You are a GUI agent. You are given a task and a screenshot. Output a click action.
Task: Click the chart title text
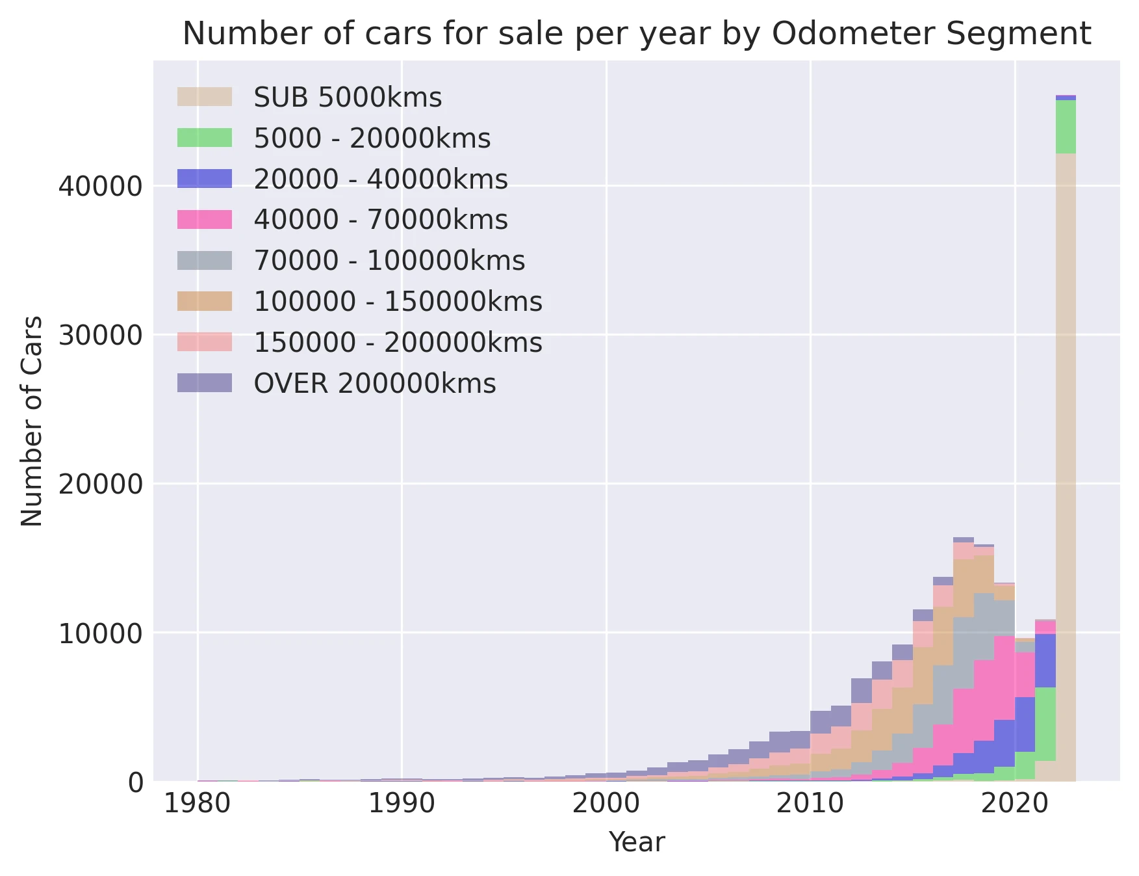click(x=636, y=34)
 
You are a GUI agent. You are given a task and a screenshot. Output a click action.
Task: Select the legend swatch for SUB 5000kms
click(x=204, y=97)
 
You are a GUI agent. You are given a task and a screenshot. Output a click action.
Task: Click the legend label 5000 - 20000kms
click(x=372, y=138)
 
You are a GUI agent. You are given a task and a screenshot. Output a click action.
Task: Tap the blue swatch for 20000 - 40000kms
click(x=204, y=179)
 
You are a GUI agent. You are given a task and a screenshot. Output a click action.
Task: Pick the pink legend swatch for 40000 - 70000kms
click(x=204, y=220)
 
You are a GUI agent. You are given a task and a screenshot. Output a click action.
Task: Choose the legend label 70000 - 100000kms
click(x=389, y=261)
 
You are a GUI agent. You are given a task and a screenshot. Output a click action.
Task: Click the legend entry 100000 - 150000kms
click(x=398, y=302)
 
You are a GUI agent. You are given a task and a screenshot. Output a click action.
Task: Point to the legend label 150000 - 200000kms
click(x=398, y=343)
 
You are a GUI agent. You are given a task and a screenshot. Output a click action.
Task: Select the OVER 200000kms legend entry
click(x=374, y=384)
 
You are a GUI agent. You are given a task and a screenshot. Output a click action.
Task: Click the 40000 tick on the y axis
click(x=100, y=187)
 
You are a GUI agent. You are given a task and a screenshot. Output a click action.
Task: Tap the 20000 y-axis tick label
click(x=100, y=484)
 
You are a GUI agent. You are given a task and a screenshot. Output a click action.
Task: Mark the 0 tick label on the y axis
click(x=134, y=782)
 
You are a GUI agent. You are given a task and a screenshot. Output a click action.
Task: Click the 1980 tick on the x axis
click(x=198, y=804)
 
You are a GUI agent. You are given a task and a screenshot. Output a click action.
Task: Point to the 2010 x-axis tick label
click(x=810, y=804)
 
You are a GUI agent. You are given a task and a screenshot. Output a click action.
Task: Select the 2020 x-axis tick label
click(x=1014, y=804)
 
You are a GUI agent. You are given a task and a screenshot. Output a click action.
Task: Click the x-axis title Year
click(x=636, y=843)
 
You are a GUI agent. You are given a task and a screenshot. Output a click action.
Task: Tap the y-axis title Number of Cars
click(x=32, y=421)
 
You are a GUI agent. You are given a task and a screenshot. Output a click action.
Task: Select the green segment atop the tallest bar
click(x=1066, y=127)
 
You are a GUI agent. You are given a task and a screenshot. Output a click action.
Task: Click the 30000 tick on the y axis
click(x=100, y=336)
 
